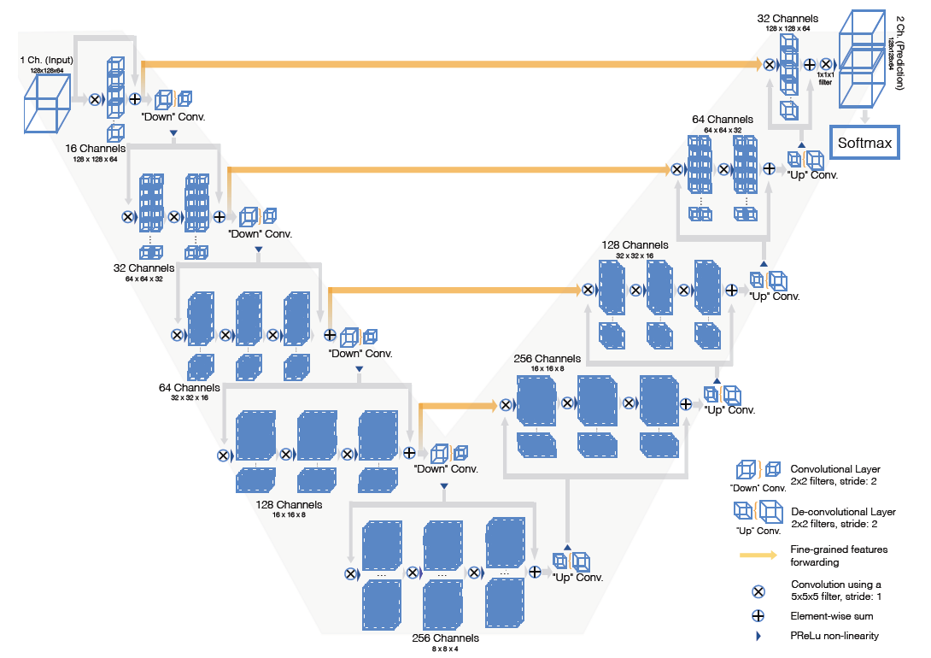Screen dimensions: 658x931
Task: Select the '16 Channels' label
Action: coord(95,148)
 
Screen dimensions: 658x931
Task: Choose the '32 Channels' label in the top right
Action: coord(787,19)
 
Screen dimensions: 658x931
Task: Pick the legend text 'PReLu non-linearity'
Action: coord(834,635)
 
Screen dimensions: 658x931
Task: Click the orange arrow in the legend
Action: coord(758,555)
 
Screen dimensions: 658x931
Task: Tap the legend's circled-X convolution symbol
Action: coord(757,590)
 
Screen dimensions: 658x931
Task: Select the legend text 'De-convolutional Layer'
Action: coord(843,511)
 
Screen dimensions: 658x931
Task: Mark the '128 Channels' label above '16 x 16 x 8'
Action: coord(289,505)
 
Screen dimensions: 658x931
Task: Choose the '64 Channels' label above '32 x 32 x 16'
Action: coord(190,387)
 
